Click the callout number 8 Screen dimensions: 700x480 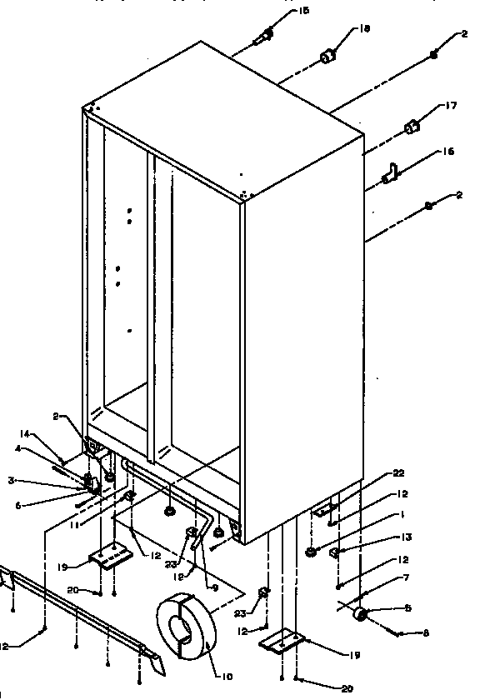(425, 634)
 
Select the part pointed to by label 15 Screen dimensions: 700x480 (264, 36)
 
